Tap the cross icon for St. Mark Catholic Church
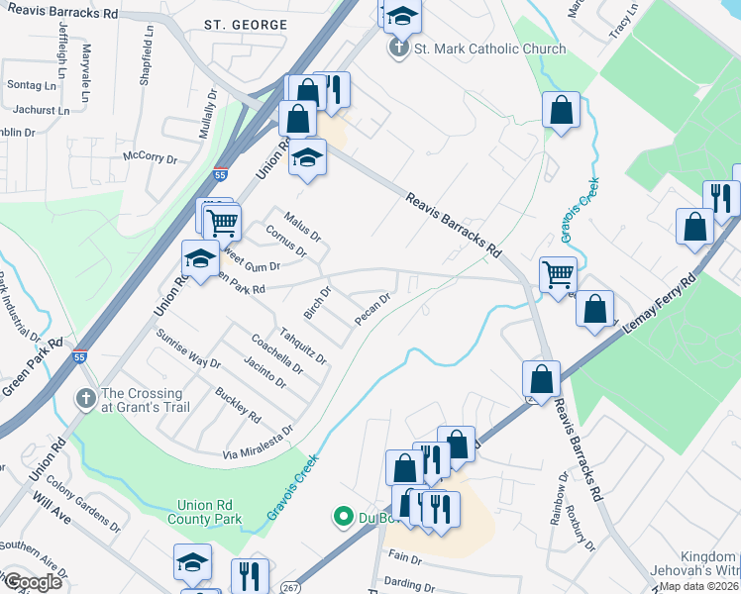click(398, 48)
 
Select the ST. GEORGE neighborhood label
click(246, 24)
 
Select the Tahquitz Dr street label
click(303, 346)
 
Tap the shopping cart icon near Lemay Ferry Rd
click(559, 273)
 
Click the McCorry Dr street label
click(149, 157)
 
